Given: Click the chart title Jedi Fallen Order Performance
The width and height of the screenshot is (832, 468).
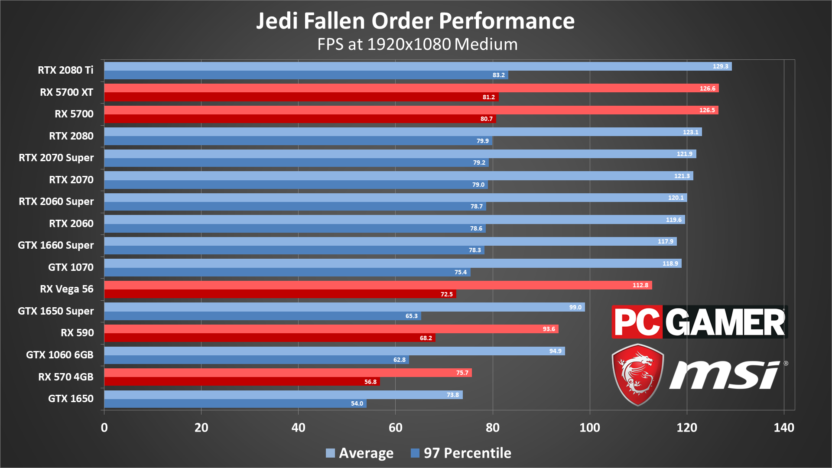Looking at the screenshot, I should pyautogui.click(x=415, y=21).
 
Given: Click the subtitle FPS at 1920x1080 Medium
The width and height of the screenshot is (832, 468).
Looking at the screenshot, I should pyautogui.click(x=417, y=44).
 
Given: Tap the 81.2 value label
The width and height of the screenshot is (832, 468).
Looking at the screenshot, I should pyautogui.click(x=488, y=97).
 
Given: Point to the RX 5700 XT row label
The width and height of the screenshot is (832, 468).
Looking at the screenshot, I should pyautogui.click(x=66, y=92).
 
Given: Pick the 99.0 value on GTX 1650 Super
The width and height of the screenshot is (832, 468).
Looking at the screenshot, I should pyautogui.click(x=575, y=307).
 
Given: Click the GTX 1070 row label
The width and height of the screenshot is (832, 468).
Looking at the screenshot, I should pyautogui.click(x=71, y=267).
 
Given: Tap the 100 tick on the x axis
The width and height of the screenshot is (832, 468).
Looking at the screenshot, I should pyautogui.click(x=590, y=428).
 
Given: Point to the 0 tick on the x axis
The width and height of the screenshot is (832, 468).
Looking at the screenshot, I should pyautogui.click(x=104, y=428).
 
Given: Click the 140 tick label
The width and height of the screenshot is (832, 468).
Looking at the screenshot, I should pyautogui.click(x=784, y=428).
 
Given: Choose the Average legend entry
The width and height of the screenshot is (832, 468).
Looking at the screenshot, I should pyautogui.click(x=360, y=453).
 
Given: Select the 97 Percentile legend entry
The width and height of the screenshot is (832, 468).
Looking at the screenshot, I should pyautogui.click(x=461, y=453).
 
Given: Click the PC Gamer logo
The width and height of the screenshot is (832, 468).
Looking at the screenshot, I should pyautogui.click(x=699, y=322).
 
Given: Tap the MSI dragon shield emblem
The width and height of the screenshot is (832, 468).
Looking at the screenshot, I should pyautogui.click(x=637, y=374).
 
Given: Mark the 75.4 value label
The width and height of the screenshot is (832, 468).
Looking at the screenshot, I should pyautogui.click(x=460, y=272).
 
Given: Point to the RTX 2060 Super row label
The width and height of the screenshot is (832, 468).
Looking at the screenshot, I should pyautogui.click(x=56, y=201).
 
